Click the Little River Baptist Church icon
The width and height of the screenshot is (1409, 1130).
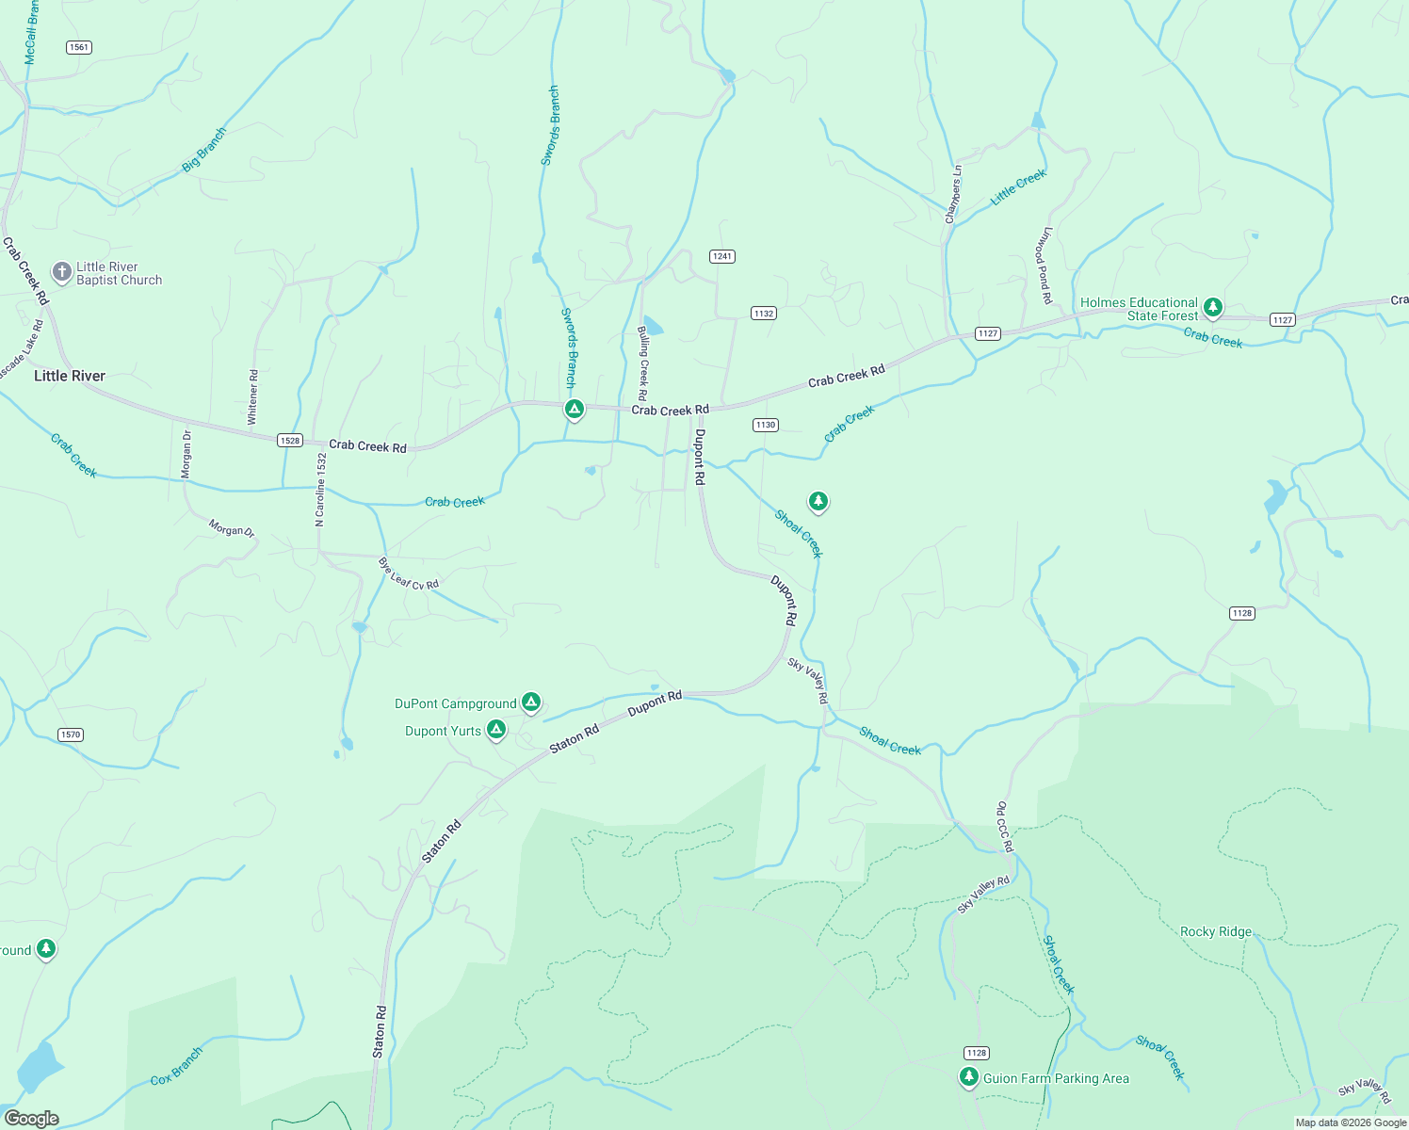coord(61,273)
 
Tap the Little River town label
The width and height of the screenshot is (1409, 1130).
coord(70,376)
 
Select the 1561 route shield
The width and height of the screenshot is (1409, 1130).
coord(79,47)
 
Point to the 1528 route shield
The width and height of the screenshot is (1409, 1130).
coord(290,441)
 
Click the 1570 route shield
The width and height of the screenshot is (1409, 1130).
coord(71,734)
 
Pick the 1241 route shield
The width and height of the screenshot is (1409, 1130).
coord(722,256)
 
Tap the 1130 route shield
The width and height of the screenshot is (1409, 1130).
coord(766,425)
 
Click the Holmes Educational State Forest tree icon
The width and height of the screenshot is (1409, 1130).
coord(1213,307)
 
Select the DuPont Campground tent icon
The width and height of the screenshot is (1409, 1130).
coord(531,702)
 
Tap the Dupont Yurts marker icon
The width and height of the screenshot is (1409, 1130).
coord(496,730)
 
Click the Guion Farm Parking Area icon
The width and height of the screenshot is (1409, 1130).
coord(969,1077)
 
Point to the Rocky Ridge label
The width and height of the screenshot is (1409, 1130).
coord(1216,931)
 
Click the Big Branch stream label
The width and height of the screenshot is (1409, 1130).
coord(204,150)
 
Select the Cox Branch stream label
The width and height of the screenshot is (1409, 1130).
coord(176,1066)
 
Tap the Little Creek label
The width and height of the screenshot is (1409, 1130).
coord(1018,187)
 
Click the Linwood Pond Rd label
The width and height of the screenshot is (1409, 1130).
coord(1044,265)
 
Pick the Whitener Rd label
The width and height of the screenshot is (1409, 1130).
coord(252,396)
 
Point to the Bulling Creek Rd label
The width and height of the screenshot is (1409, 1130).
coord(643,363)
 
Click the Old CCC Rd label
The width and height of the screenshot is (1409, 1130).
coord(1005,827)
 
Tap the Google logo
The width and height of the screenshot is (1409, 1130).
coord(31,1119)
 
